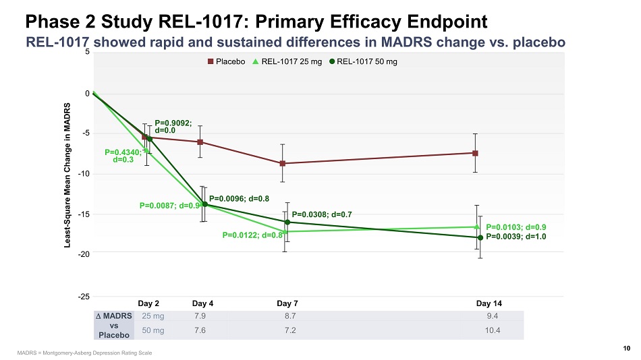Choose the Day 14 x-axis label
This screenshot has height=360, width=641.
click(x=489, y=303)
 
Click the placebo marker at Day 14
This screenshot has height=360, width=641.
click(x=476, y=153)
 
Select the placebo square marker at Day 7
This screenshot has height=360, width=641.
click(x=283, y=163)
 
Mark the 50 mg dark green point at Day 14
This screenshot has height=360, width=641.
click(x=480, y=237)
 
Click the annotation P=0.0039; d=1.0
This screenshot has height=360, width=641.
click(x=516, y=237)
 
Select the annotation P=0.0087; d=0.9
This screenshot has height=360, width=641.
click(x=171, y=205)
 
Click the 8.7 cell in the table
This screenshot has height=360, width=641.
click(x=290, y=316)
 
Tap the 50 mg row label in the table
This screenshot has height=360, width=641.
click(x=152, y=330)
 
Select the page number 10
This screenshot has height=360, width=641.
click(x=627, y=348)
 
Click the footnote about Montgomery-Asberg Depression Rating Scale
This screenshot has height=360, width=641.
click(x=84, y=353)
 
